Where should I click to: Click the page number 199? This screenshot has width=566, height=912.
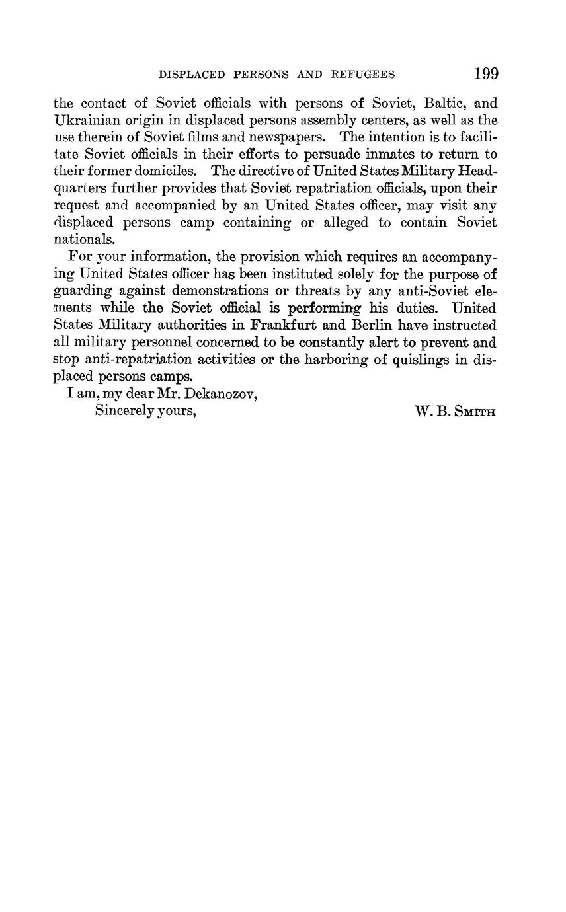click(x=485, y=74)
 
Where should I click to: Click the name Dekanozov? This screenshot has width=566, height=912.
click(x=224, y=394)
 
